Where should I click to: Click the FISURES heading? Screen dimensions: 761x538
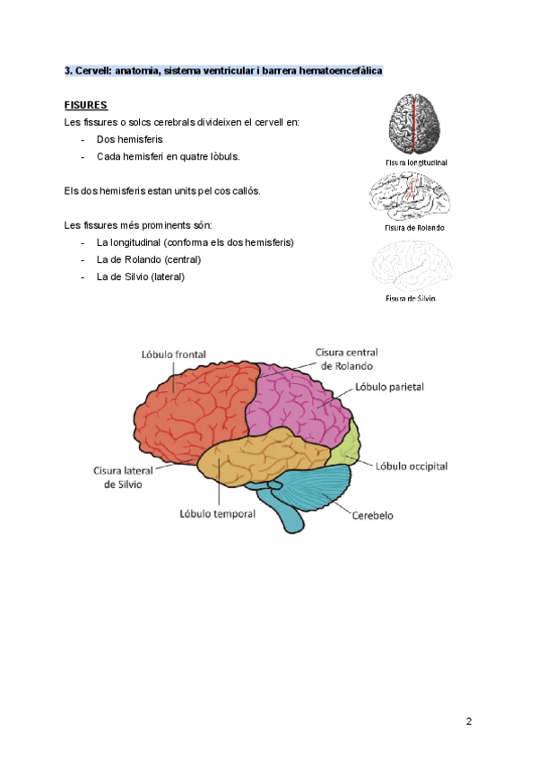[86, 105]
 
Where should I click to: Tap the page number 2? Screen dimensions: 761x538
[469, 722]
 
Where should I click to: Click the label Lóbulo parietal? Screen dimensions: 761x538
[389, 387]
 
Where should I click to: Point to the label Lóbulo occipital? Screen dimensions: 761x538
[411, 467]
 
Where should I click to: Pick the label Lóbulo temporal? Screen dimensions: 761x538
[218, 514]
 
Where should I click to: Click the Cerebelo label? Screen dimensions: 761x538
[372, 516]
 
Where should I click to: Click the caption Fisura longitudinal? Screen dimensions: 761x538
[415, 163]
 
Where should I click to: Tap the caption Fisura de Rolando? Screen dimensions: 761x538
[414, 228]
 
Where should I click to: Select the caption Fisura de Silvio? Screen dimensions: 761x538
[411, 298]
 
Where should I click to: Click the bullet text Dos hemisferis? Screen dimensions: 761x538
[129, 139]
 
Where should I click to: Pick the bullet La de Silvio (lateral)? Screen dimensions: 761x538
[140, 276]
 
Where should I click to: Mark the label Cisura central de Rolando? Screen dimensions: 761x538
[344, 359]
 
